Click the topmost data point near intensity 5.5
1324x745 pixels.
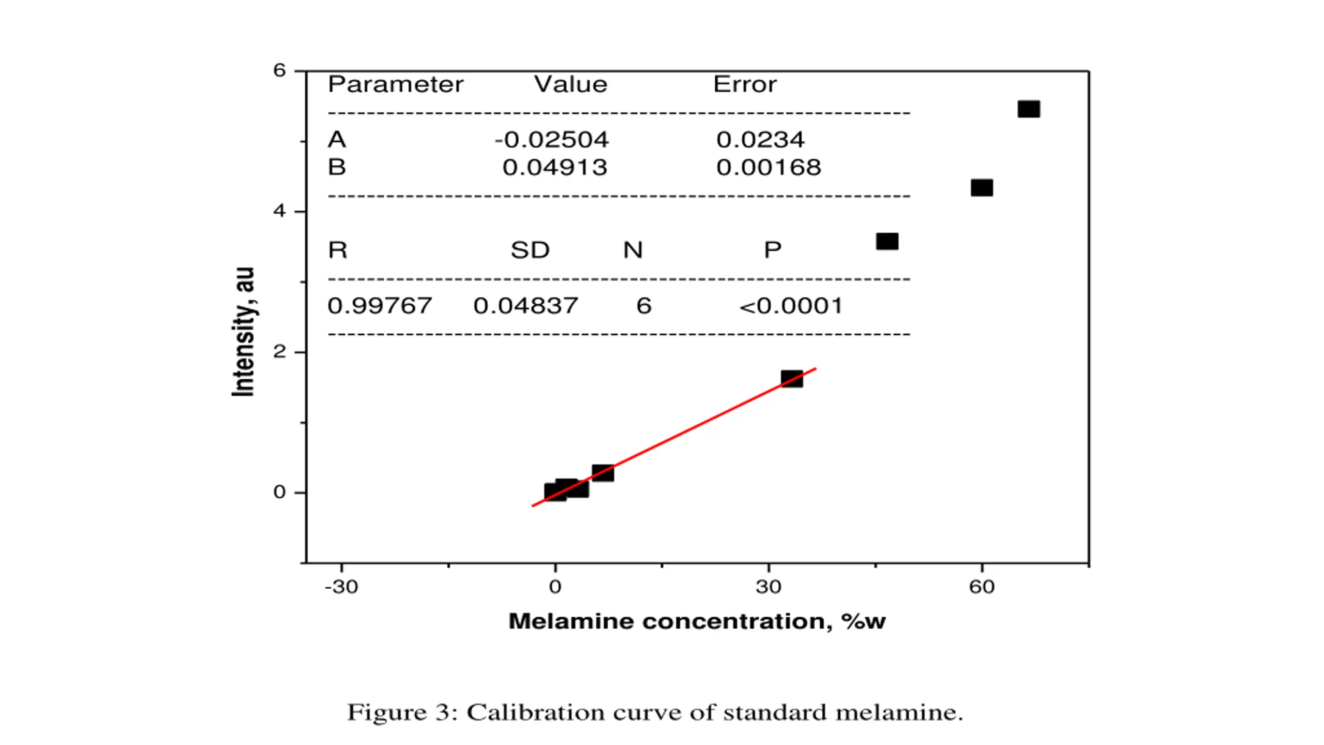[x=1028, y=109]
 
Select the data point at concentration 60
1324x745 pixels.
[x=982, y=187]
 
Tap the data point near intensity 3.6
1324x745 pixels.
[x=887, y=242]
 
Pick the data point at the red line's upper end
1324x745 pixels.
[x=792, y=379]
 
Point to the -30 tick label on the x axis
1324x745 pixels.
[x=341, y=587]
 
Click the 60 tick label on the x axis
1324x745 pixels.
[x=982, y=587]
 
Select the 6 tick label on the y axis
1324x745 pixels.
[x=280, y=70]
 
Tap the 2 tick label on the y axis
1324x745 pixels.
[x=280, y=352]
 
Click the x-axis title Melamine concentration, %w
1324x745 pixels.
[x=697, y=621]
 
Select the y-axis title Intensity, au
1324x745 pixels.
[x=243, y=332]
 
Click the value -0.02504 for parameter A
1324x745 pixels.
[x=552, y=140]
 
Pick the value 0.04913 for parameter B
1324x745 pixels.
[x=555, y=168]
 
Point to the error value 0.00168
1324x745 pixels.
[x=769, y=168]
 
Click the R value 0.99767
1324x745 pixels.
[x=380, y=306]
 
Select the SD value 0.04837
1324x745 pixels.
[x=525, y=306]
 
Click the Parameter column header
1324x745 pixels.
[x=396, y=84]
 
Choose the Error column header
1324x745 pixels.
[x=745, y=84]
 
